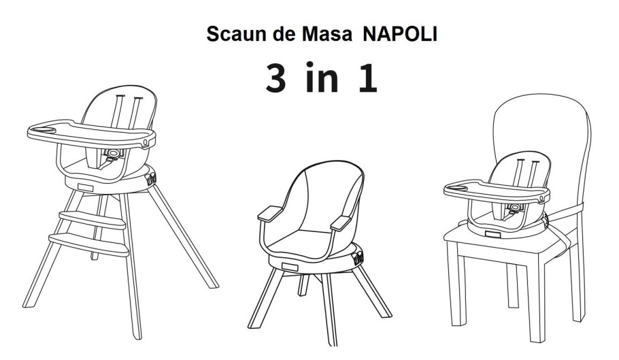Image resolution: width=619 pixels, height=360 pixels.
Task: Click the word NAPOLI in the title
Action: click(399, 34)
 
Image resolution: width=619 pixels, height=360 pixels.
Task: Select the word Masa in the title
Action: click(327, 34)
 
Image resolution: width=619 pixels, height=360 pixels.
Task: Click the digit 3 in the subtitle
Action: click(275, 78)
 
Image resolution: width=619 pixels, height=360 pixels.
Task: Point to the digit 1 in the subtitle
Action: click(368, 78)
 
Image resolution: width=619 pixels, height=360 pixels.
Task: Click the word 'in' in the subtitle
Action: click(322, 78)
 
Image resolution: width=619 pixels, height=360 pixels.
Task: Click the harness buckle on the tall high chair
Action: click(114, 153)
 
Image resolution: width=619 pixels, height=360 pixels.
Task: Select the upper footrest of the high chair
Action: click(92, 220)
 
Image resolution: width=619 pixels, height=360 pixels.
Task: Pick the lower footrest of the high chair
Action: click(89, 244)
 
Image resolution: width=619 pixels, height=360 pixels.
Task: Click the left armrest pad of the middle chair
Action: click(270, 214)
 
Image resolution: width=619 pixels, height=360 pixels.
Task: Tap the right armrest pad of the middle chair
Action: click(340, 223)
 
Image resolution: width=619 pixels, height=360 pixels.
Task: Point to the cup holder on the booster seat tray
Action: click(458, 187)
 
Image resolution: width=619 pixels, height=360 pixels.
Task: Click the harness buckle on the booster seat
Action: click(515, 208)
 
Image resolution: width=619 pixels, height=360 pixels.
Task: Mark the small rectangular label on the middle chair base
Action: click(290, 267)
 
